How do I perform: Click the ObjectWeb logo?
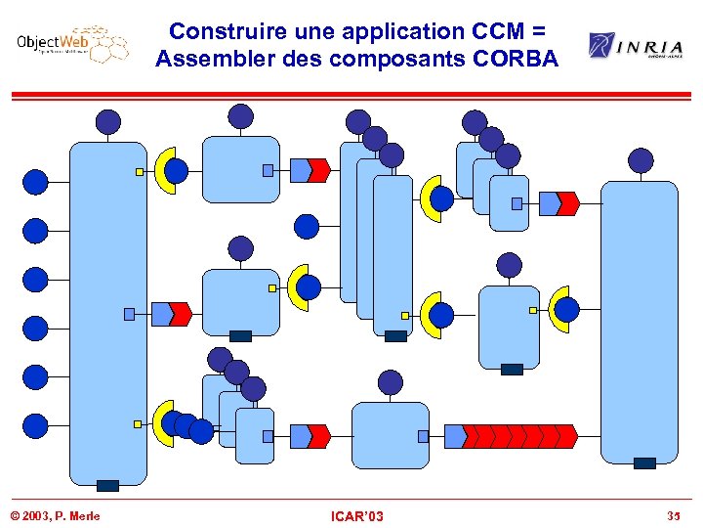pos(71,44)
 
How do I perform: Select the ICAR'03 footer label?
pos(356,515)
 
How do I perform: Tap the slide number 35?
pos(673,515)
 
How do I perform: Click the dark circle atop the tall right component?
pos(641,160)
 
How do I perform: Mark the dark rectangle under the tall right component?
pos(644,463)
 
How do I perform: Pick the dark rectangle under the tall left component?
pos(107,485)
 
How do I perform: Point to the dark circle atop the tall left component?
pos(108,121)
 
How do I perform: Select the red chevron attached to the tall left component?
pos(180,314)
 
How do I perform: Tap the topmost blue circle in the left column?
pos(35,182)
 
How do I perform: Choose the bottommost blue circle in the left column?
pos(35,425)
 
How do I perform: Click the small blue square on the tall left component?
pos(129,314)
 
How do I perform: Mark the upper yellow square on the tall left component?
pos(140,171)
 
